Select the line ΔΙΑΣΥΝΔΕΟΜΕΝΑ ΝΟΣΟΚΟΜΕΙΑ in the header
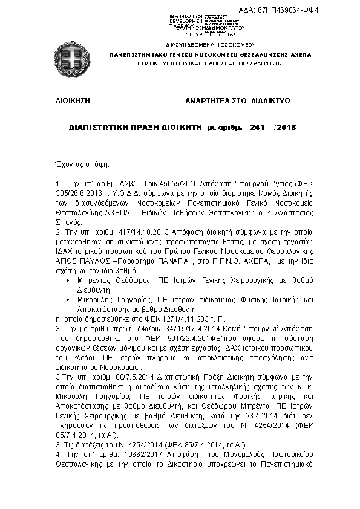point(209,45)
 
